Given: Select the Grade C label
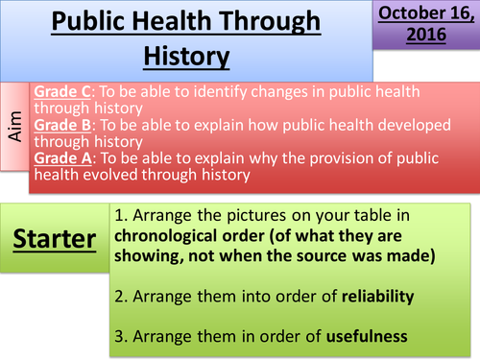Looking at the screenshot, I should [61, 92].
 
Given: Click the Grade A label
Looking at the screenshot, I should [61, 157].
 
